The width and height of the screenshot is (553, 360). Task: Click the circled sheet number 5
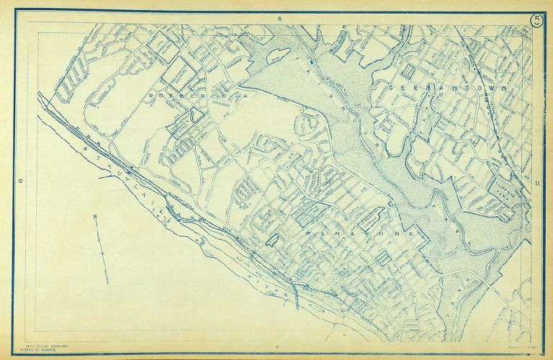(537, 19)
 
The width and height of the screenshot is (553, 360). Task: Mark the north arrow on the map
(103, 248)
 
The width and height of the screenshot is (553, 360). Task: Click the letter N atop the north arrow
(95, 216)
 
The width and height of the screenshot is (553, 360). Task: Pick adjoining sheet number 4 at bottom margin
(276, 347)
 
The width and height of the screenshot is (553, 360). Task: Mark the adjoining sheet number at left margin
(21, 181)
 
